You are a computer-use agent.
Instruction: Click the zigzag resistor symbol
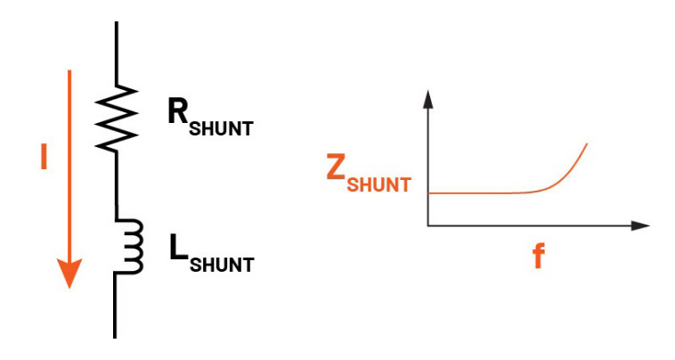click(117, 118)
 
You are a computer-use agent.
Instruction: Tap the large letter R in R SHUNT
click(178, 110)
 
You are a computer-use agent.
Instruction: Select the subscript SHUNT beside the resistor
click(221, 128)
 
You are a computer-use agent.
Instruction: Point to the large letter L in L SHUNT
click(179, 247)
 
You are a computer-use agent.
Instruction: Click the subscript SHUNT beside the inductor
click(222, 265)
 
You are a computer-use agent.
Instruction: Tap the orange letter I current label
click(44, 157)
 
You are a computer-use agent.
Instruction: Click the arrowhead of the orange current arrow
click(69, 273)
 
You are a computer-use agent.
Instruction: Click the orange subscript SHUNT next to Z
click(378, 184)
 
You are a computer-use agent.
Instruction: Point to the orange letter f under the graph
click(539, 256)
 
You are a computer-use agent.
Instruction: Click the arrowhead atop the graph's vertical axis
click(427, 99)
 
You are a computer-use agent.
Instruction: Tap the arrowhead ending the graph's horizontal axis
click(640, 225)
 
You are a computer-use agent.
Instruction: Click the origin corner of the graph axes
click(428, 225)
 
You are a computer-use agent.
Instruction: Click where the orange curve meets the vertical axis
click(428, 193)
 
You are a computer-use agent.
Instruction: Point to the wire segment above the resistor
click(117, 53)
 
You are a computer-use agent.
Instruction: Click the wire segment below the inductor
click(115, 306)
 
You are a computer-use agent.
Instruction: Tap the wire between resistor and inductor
click(116, 185)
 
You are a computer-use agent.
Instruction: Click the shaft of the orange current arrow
click(69, 165)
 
